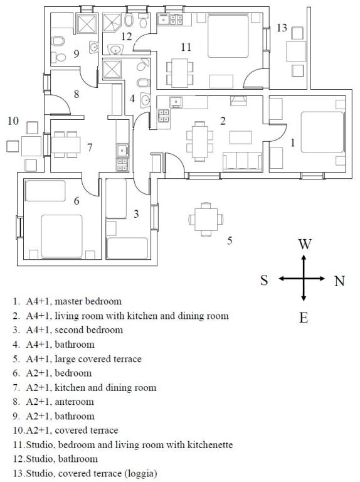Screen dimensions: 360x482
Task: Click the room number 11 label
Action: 186,47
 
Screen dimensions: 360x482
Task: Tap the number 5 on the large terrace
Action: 230,240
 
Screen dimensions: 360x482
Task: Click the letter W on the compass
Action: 305,244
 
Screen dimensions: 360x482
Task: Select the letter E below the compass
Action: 304,318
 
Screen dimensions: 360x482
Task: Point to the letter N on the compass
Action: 339,281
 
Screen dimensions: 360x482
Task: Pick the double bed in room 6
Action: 61,236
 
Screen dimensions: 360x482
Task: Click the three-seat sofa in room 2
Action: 242,161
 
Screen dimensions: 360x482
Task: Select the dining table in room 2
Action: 199,141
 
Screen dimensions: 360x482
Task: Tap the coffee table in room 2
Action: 240,137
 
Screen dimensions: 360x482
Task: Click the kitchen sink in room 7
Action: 122,151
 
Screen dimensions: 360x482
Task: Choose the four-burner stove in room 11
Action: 176,19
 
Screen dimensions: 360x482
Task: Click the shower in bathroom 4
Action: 112,70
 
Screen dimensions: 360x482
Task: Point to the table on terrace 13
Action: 296,51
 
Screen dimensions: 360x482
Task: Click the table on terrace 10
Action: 31,146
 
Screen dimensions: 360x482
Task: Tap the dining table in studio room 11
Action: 180,73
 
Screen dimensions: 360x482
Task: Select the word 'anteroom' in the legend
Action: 74,402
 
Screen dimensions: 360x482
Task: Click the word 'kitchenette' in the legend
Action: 210,444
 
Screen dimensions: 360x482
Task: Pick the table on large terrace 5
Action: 206,220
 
